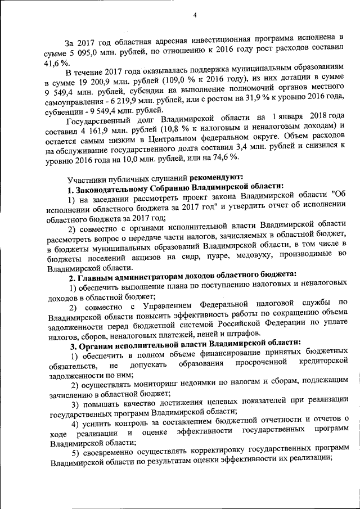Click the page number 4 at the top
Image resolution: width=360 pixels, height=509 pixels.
coord(194,15)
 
